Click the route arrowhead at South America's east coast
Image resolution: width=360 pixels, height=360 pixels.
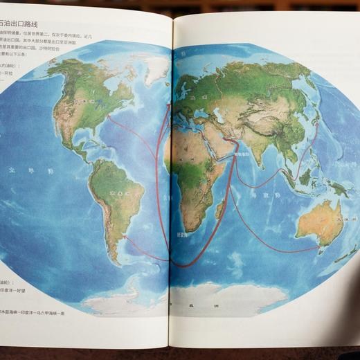(125, 236)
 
